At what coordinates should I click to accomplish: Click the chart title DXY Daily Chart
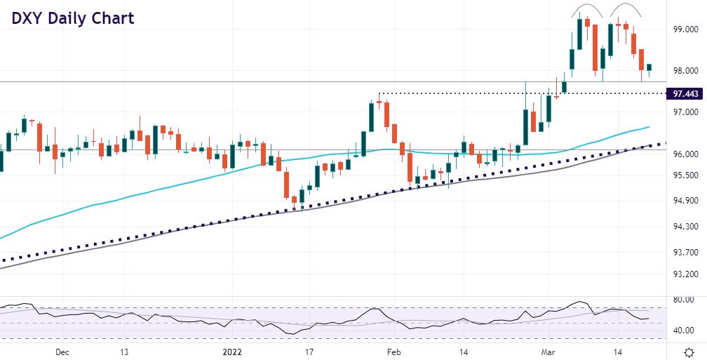point(72,18)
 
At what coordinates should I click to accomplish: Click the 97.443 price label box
point(683,93)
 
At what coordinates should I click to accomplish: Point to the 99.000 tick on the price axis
point(684,30)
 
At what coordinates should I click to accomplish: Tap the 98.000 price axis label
point(684,71)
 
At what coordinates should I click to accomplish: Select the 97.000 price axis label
point(684,112)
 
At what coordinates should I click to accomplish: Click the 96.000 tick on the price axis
point(684,154)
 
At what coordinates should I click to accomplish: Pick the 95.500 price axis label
point(684,175)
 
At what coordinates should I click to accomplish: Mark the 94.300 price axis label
point(684,227)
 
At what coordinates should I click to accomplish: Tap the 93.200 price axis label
point(684,274)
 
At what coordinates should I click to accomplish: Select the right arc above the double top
point(626,10)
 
